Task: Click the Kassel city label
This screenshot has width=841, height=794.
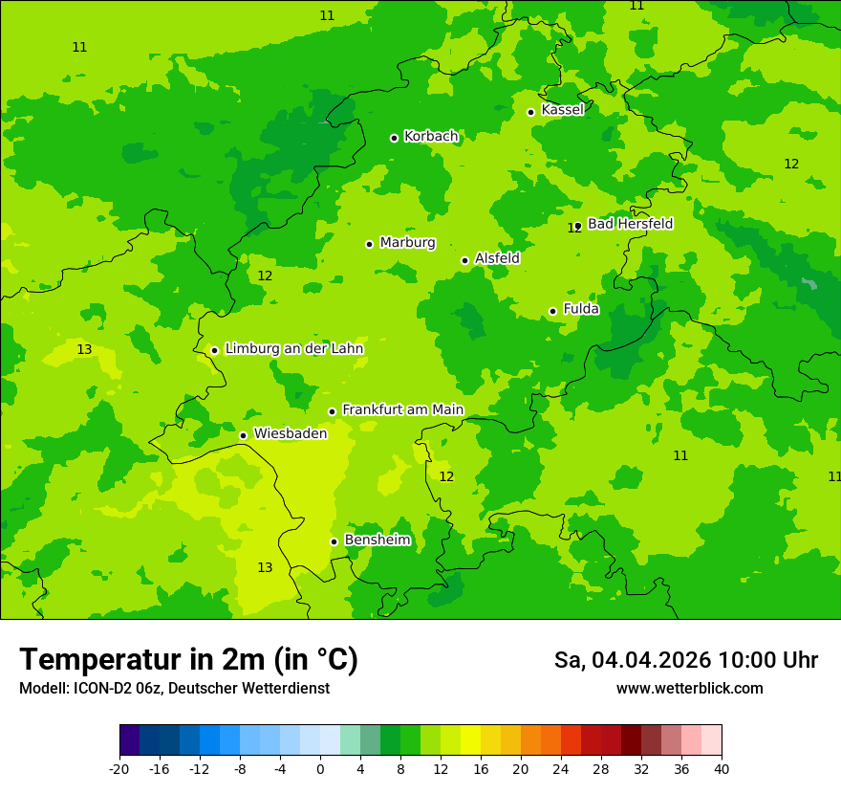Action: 562,110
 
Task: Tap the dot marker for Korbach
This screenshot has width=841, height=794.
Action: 394,138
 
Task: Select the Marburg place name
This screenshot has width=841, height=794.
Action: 407,243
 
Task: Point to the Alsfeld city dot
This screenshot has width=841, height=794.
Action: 464,260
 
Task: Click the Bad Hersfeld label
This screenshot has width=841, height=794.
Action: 630,224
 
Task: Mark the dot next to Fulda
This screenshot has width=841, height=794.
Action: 552,311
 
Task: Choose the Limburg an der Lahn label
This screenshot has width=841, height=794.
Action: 293,349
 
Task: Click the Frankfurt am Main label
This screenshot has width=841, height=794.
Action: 402,409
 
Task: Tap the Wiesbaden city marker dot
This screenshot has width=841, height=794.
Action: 243,435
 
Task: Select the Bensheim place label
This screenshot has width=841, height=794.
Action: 377,540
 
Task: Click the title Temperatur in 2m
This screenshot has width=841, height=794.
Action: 188,659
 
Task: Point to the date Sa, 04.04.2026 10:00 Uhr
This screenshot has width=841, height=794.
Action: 685,660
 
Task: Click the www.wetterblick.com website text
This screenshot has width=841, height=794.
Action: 689,689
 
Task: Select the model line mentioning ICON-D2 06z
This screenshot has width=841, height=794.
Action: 174,689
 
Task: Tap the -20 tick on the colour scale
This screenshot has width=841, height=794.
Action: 119,769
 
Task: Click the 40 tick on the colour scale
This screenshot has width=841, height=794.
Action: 722,769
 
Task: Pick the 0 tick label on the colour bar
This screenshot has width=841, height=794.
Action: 320,769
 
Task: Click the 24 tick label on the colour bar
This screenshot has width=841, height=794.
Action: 561,769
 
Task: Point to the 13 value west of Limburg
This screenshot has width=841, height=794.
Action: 84,350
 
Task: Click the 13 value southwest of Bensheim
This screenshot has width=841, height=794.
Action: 265,568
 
